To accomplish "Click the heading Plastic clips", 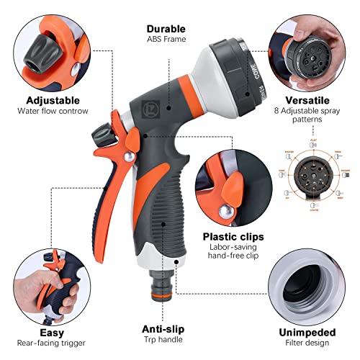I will tap(232, 235).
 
